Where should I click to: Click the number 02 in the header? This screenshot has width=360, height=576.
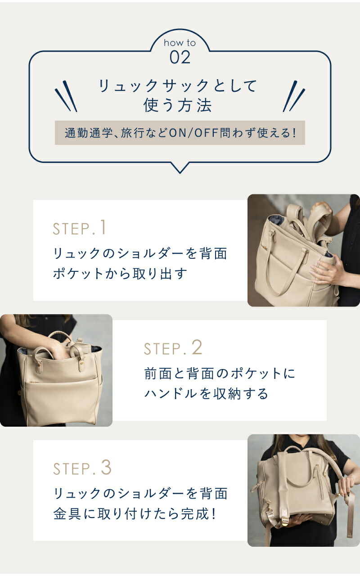[x=180, y=58]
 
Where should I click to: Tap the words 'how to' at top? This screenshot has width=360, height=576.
[x=180, y=43]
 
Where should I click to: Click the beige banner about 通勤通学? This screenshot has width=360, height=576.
[x=180, y=133]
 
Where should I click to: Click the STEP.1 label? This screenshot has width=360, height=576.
[x=80, y=228]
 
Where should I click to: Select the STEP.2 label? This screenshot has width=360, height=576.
[x=173, y=348]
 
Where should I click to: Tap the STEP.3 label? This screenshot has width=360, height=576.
[x=82, y=468]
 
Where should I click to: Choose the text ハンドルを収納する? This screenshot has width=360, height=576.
[x=206, y=394]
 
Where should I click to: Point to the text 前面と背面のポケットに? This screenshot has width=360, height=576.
[x=220, y=373]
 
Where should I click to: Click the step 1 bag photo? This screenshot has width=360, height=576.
[x=303, y=250]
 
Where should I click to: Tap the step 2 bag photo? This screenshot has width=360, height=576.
[x=56, y=370]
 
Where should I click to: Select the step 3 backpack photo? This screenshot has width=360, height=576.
[x=303, y=490]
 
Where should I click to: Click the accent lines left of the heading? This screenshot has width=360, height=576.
[x=66, y=96]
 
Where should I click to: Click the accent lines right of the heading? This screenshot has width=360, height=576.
[x=293, y=96]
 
